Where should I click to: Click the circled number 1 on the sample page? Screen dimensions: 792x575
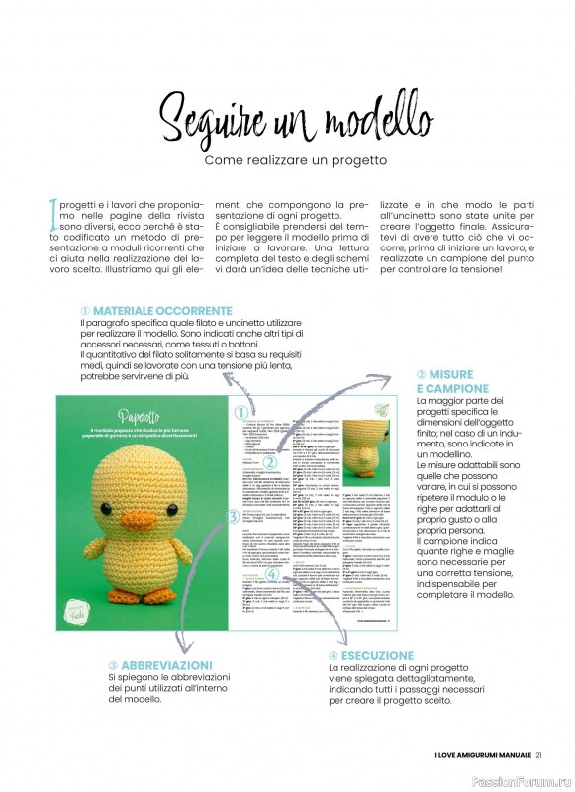(240, 413)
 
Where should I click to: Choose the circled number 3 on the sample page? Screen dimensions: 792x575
(233, 516)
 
